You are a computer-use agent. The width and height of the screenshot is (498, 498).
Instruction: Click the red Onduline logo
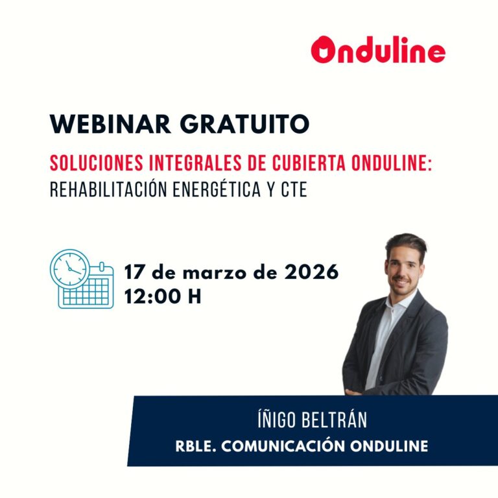pos(378,51)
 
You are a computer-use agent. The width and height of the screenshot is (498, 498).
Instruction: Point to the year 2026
pos(311,272)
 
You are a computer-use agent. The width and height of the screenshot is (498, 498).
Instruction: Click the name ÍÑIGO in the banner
pos(276,420)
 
